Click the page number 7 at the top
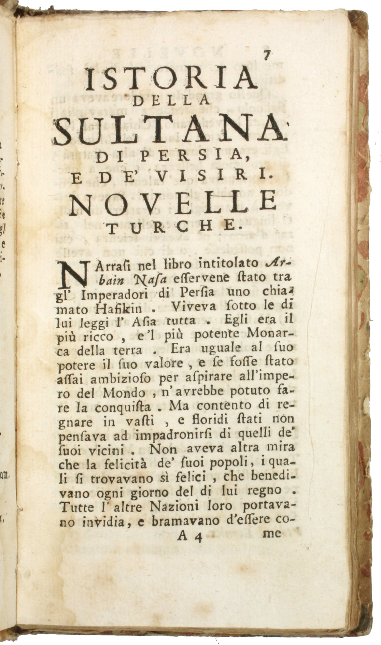pos(267,55)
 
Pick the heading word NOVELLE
pos(173,204)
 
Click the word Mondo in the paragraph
pos(124,393)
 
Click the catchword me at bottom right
pos(272,534)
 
